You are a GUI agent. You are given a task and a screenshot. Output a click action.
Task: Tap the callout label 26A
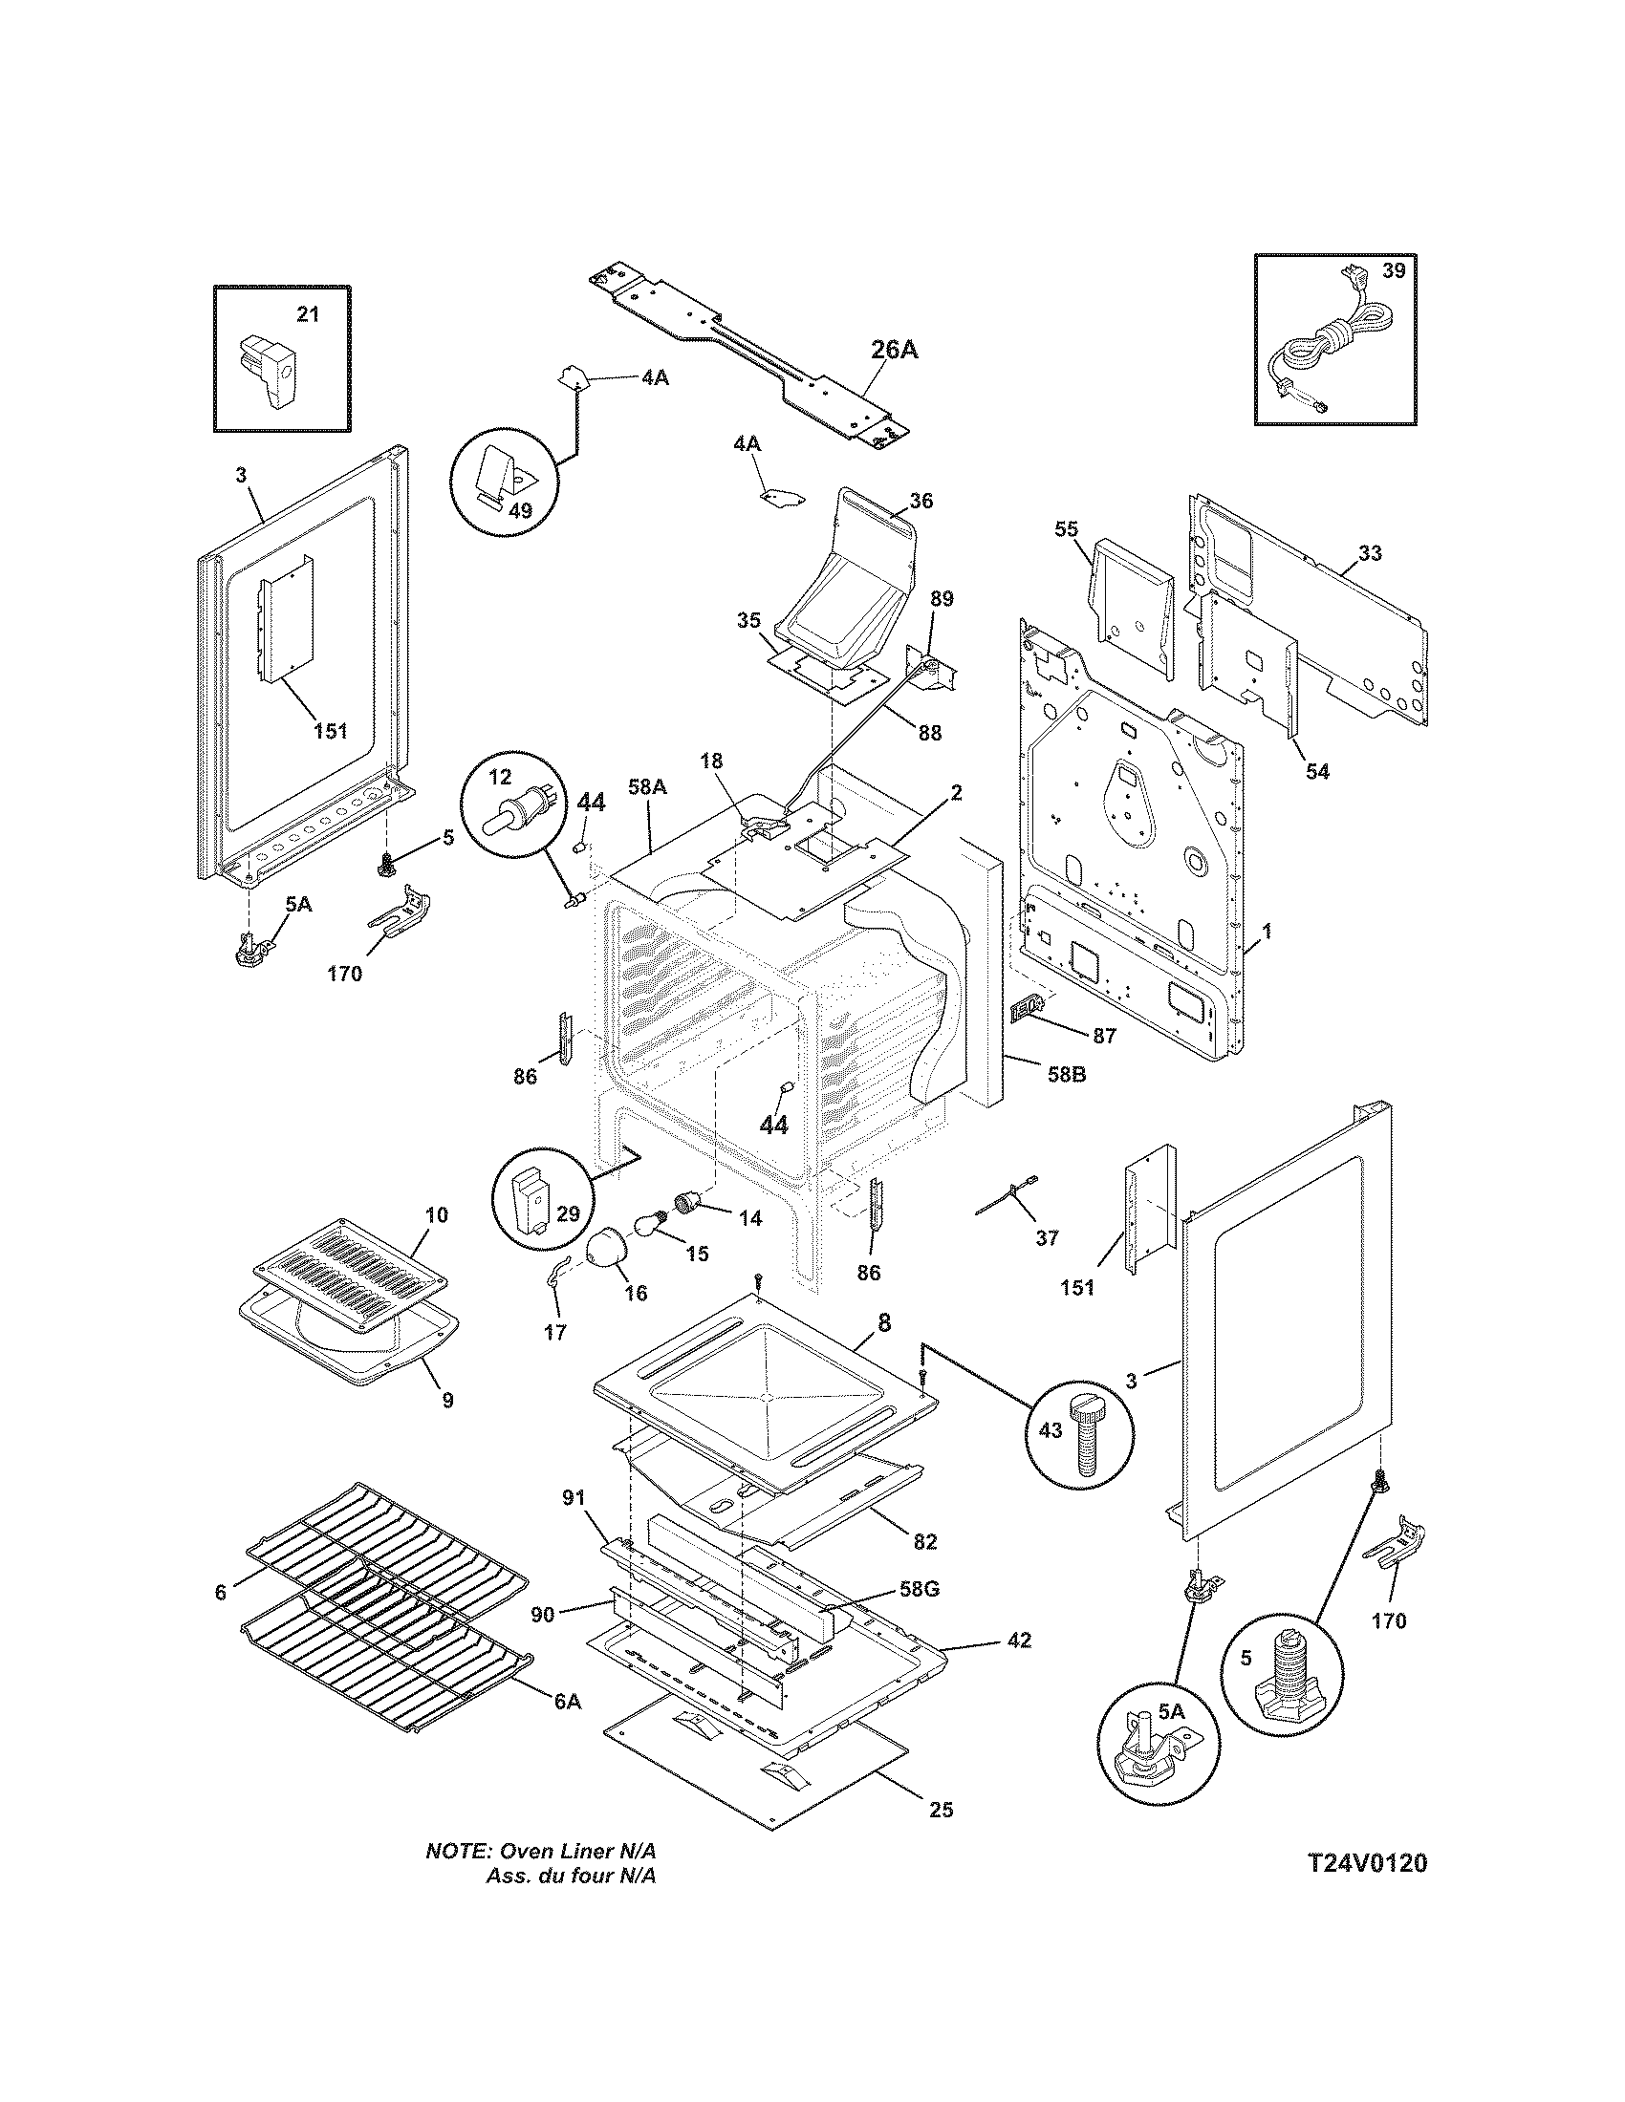click(895, 350)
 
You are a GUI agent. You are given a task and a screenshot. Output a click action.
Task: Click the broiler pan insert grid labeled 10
click(342, 1275)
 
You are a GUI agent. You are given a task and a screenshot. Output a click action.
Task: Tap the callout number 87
click(1104, 1036)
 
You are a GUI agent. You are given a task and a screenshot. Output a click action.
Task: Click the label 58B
click(1066, 1073)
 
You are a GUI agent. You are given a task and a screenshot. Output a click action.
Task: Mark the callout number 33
click(1370, 553)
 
